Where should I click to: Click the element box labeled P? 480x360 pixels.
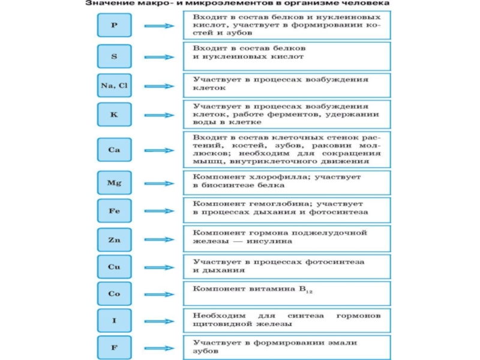(x=114, y=26)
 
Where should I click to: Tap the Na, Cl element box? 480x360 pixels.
(x=114, y=85)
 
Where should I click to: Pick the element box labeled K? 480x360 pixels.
(x=114, y=114)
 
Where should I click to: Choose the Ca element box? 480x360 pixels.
(x=114, y=149)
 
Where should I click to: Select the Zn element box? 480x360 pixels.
(x=114, y=239)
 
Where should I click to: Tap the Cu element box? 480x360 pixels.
(x=114, y=265)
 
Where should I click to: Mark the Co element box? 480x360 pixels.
(x=114, y=294)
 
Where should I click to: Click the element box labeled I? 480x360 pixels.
(x=114, y=321)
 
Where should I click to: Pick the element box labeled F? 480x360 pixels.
(x=114, y=347)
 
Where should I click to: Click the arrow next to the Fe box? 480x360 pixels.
(x=160, y=211)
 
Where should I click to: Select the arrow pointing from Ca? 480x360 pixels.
(x=160, y=149)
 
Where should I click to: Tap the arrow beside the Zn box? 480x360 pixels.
(x=160, y=239)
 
